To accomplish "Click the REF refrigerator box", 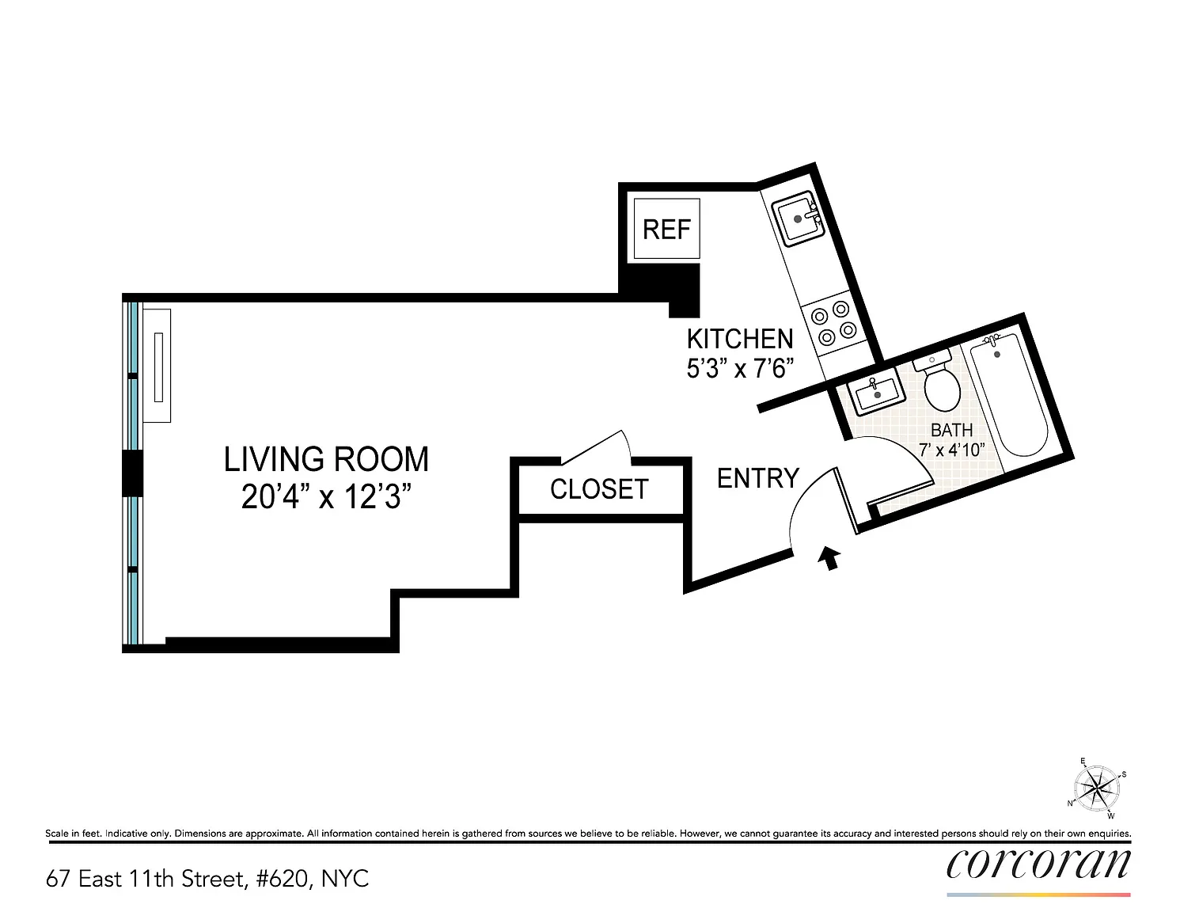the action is tap(666, 229).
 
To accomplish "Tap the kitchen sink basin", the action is tap(798, 218).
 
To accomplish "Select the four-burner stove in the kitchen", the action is tap(833, 325).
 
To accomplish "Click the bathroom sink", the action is tap(875, 391).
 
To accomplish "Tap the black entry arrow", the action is tap(829, 557).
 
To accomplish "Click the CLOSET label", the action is tap(599, 489).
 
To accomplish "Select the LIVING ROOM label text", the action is tap(326, 459).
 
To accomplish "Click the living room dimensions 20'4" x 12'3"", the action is tap(326, 496).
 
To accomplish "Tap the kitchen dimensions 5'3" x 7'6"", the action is tap(740, 368).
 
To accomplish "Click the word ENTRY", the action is tap(758, 478).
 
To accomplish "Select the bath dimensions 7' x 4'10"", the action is tap(952, 450).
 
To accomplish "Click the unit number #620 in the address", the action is tap(282, 878).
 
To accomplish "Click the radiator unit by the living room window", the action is tap(157, 366).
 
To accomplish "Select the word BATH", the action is tap(951, 430).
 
